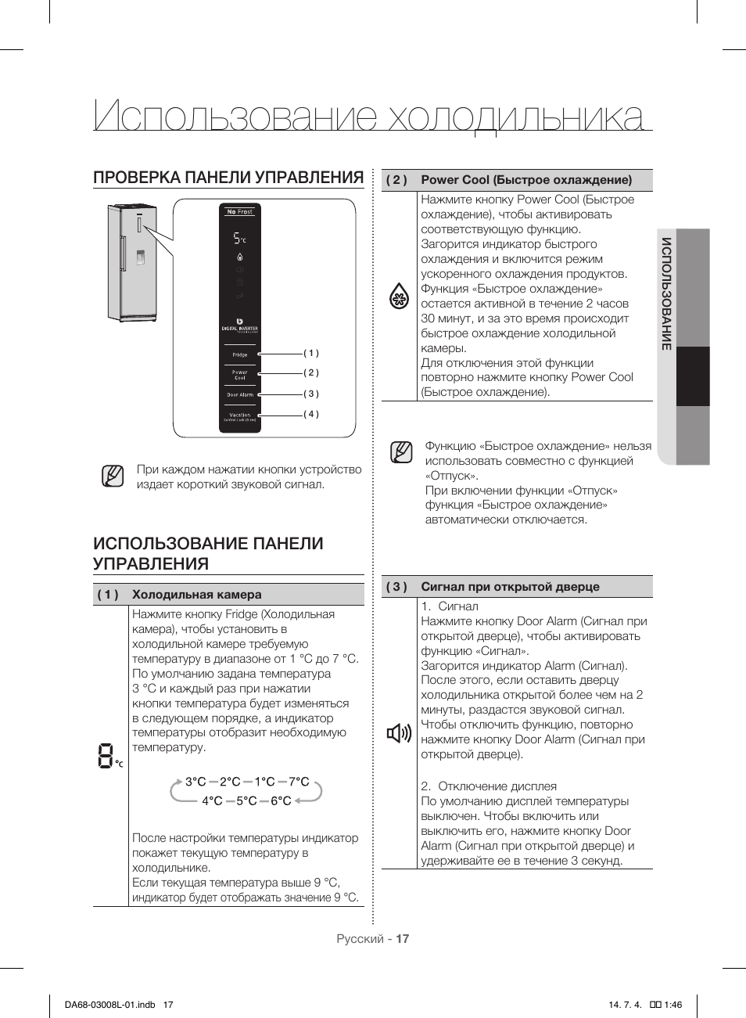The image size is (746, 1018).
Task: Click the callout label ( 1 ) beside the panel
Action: coord(311,353)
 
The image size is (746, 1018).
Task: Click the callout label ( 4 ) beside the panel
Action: coord(311,414)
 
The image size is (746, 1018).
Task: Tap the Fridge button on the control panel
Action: coord(239,354)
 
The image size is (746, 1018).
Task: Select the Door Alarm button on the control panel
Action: coord(239,394)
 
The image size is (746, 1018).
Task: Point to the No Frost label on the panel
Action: coord(239,211)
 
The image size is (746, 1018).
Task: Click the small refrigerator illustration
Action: coord(133,262)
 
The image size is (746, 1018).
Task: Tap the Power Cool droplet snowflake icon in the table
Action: coord(399,297)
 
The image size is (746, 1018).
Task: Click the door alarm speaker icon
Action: coord(399,733)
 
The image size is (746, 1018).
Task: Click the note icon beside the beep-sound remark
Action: coord(113,476)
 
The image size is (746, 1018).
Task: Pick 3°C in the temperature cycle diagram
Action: coord(195,782)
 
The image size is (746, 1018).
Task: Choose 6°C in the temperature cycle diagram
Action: coord(281,800)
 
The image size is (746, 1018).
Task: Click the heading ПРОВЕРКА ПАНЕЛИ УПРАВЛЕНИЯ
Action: coord(228,178)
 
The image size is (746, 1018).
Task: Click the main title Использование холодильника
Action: coord(368,117)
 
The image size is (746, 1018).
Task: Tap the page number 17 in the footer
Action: coord(402,938)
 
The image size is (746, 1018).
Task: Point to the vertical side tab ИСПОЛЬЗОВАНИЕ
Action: coord(666,293)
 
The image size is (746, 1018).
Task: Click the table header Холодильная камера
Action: coord(196,595)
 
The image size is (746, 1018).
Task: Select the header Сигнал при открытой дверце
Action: coord(510,587)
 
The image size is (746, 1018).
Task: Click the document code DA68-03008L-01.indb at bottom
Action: coord(110,1005)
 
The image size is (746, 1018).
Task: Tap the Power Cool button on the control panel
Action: coord(239,375)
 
